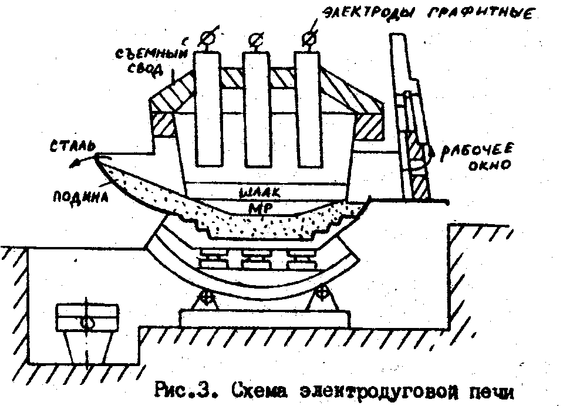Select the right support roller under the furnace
pyautogui.click(x=322, y=292)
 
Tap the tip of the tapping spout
pyautogui.click(x=96, y=156)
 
